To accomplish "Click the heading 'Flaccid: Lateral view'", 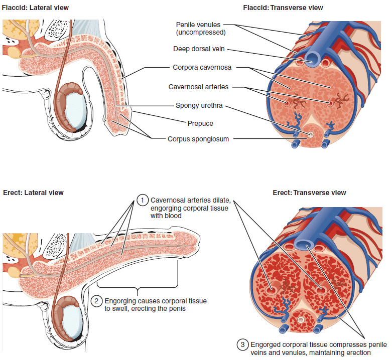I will tap(36, 8).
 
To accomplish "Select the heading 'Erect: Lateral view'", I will tap(34, 193).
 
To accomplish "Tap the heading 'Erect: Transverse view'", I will tap(309, 193).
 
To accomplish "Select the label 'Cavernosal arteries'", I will tap(198, 87).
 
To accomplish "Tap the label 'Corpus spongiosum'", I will tap(198, 139).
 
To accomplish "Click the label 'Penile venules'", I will tap(198, 25).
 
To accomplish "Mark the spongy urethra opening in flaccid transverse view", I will tap(311, 134).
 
